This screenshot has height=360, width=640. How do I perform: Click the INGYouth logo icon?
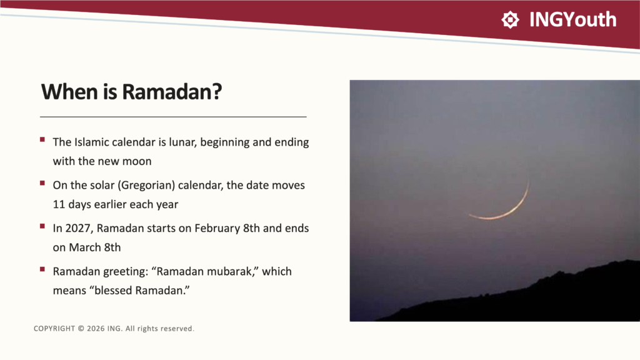[x=510, y=19]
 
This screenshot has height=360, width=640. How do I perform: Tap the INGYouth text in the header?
[x=572, y=19]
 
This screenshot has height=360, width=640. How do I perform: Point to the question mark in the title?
[x=217, y=91]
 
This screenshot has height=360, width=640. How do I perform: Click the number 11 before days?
[x=59, y=204]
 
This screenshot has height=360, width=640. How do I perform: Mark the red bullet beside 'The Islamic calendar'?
[x=42, y=139]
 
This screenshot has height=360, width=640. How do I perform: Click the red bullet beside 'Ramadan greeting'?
[x=42, y=269]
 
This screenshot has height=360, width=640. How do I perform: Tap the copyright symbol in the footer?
[x=81, y=329]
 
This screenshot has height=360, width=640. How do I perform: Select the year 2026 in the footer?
[x=96, y=329]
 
